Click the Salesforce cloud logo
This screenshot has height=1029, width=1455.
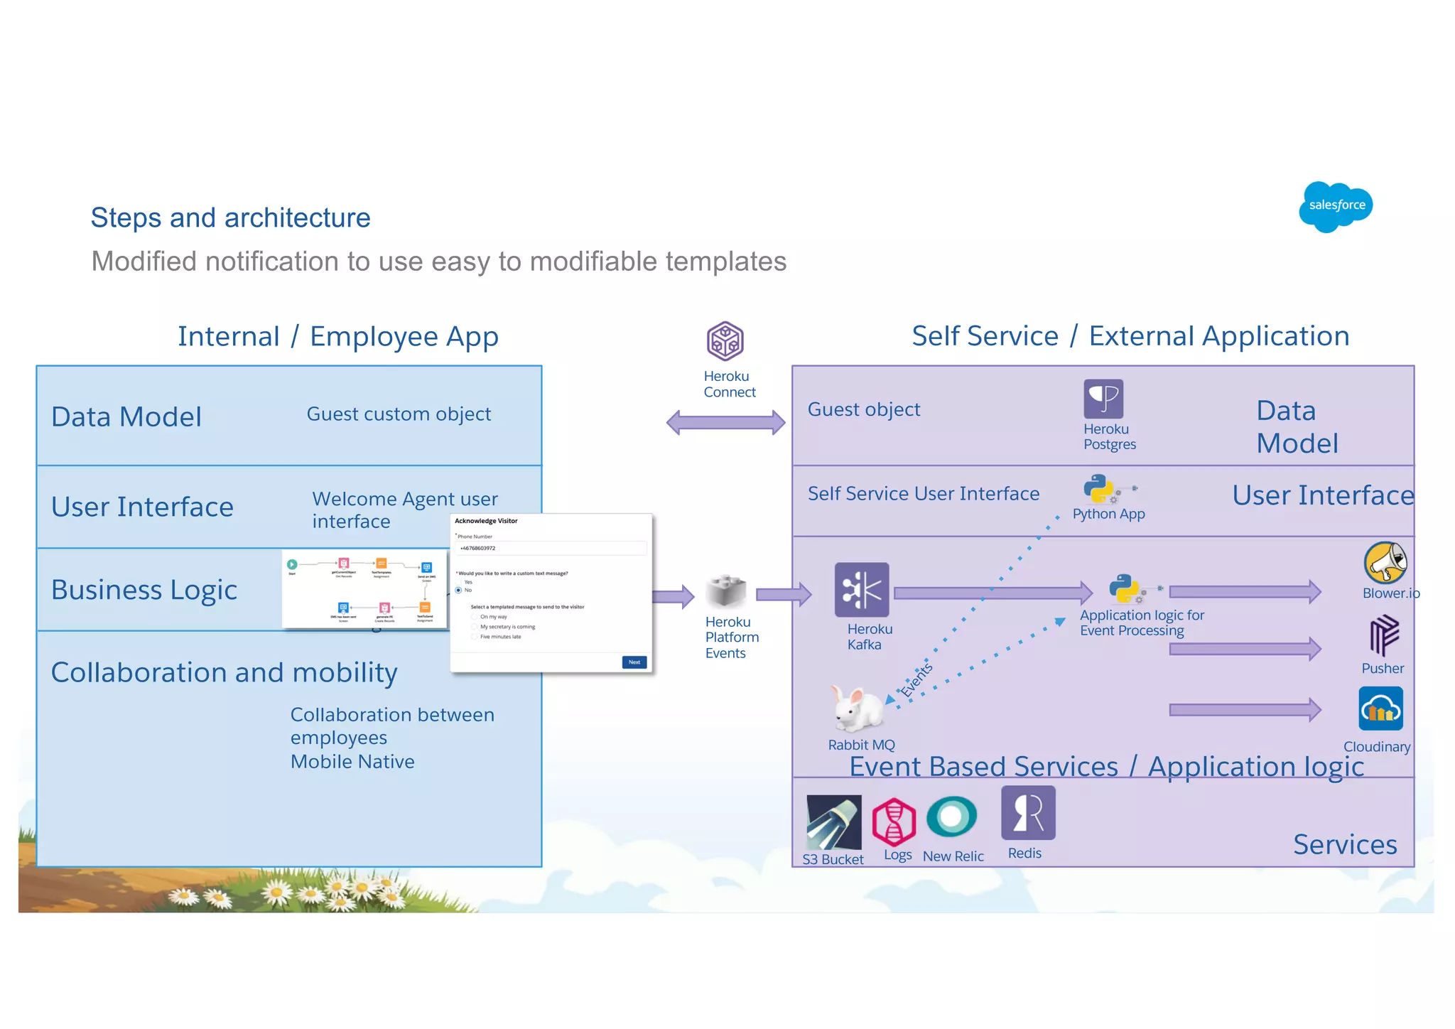click(x=1335, y=206)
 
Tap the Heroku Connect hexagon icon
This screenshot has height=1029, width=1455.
click(x=725, y=340)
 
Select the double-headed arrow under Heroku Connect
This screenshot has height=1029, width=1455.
click(x=725, y=423)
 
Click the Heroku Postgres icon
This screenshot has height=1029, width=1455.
click(x=1103, y=399)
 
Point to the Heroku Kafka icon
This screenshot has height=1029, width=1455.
click(x=861, y=590)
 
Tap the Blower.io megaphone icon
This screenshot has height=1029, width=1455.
click(x=1385, y=562)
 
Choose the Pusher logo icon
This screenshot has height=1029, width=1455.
click(x=1383, y=635)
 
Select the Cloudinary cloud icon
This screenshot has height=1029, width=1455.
click(x=1380, y=709)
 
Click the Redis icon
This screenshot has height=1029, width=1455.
click(x=1027, y=813)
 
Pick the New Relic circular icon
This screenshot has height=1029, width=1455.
click(x=951, y=817)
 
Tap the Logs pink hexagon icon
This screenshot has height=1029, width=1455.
click(x=894, y=821)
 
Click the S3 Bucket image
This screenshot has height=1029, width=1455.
click(x=833, y=823)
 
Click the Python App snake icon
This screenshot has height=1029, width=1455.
click(x=1098, y=489)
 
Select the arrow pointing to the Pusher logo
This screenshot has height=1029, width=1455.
click(x=1244, y=649)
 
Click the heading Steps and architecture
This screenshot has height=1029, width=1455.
click(x=230, y=217)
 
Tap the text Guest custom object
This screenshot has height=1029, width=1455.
click(x=399, y=414)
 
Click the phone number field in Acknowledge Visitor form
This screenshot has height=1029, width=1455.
click(x=551, y=549)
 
